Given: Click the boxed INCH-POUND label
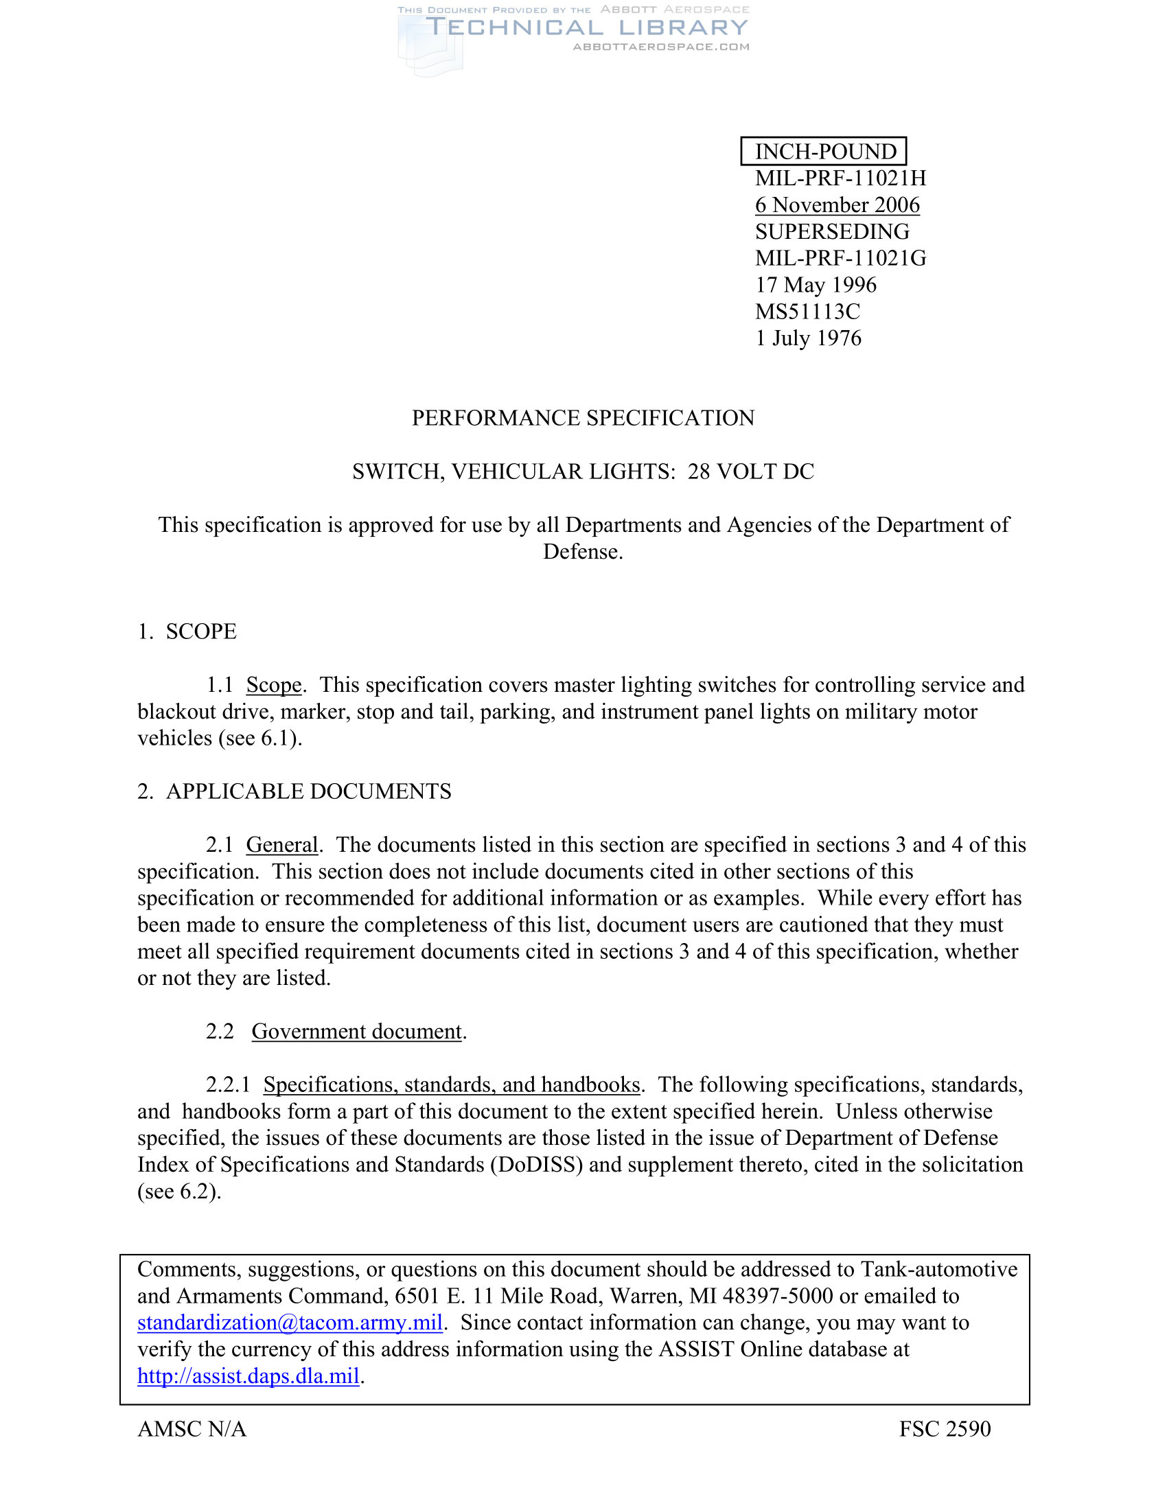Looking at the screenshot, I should coord(824,152).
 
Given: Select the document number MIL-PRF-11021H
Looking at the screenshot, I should coord(840,178).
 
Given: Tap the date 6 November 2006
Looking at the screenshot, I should coord(837,205).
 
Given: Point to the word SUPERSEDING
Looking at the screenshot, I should coord(832,231).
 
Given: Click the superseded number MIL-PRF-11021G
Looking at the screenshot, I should coord(840,259).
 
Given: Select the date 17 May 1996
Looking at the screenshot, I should coord(815,285).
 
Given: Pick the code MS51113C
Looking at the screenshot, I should coord(807,312).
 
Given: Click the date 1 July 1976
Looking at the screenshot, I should coord(807,338).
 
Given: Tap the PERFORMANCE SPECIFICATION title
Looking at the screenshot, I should coord(583,418).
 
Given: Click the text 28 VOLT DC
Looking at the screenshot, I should coord(751,472).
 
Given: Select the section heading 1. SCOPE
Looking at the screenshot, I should coord(187,631).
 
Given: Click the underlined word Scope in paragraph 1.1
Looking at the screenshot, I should coord(274,685).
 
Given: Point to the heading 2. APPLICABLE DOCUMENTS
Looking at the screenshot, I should coord(294,791).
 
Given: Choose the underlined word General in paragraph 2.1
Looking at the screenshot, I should coord(282,845).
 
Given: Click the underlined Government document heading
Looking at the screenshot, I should coord(356,1032).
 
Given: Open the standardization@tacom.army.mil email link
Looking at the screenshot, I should coord(290,1323).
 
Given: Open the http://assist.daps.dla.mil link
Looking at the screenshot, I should coord(249,1376).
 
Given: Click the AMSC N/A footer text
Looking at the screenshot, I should coord(192,1429).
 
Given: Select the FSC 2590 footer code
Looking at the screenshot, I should coord(945,1429).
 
